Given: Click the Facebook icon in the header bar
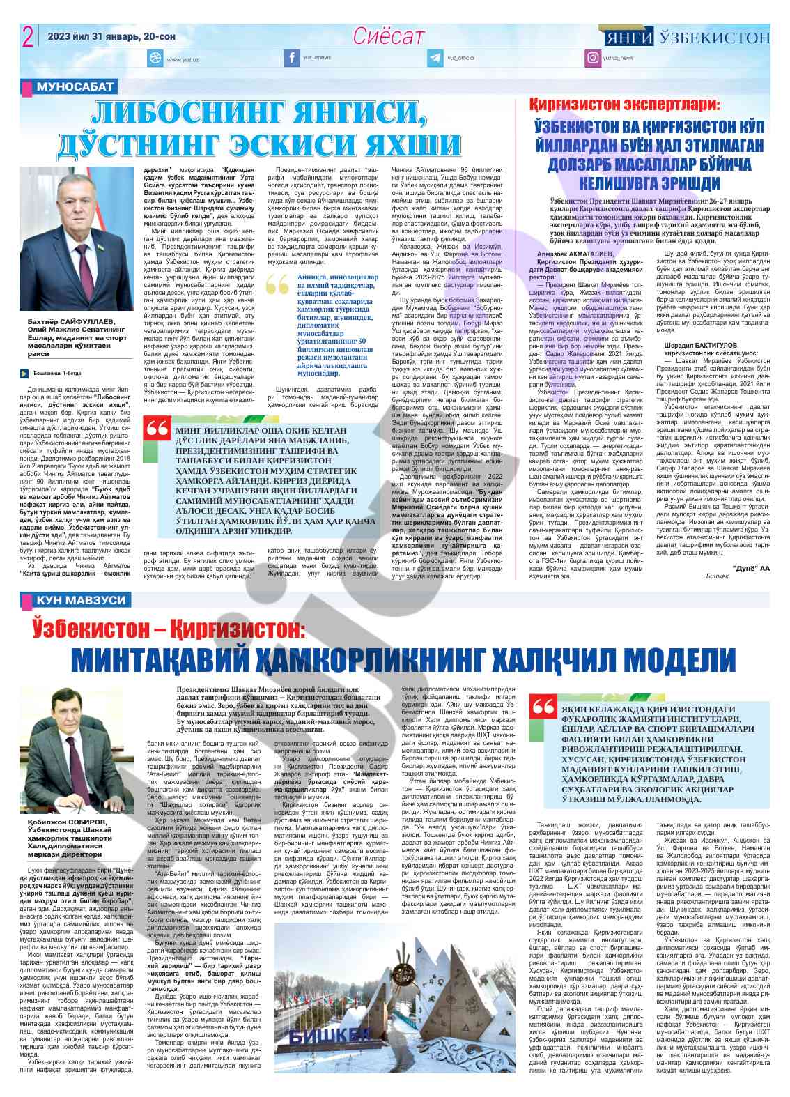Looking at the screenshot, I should (291, 59).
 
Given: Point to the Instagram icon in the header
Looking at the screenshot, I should (592, 59).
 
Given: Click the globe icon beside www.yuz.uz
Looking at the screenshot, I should (155, 59).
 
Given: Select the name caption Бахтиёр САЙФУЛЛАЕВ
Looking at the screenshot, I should (70, 321).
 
